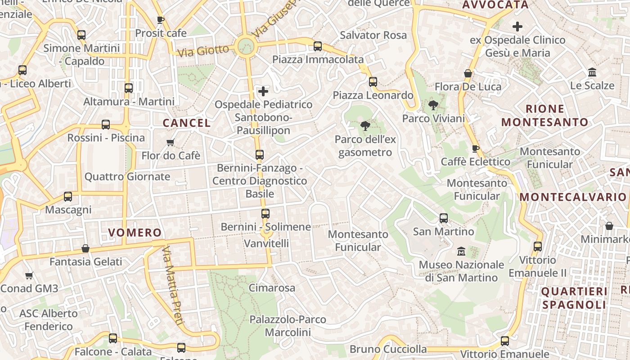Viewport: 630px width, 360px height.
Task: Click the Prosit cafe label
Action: click(161, 33)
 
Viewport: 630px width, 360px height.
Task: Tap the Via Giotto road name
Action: click(203, 50)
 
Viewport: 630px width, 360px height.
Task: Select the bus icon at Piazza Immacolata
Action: click(318, 46)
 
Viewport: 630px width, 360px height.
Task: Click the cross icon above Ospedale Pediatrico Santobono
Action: click(263, 92)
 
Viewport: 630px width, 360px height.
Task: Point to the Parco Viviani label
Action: click(433, 118)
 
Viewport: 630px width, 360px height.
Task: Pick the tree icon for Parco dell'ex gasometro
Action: click(365, 126)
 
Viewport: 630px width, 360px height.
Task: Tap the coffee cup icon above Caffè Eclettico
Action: click(476, 148)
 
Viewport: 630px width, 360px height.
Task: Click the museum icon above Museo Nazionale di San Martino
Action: click(461, 251)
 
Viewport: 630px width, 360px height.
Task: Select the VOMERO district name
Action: click(135, 233)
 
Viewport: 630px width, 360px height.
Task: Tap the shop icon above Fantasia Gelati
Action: click(85, 248)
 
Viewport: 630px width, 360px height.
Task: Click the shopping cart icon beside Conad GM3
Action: click(29, 275)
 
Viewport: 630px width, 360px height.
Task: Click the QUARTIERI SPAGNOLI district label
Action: click(574, 298)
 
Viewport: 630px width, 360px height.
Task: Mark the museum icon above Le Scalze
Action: click(592, 72)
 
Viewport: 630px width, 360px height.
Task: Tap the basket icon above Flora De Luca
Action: click(468, 73)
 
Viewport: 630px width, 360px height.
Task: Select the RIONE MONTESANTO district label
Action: click(544, 115)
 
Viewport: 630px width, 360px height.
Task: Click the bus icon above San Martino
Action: click(444, 218)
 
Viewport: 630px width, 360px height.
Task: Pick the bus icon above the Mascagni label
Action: click(68, 197)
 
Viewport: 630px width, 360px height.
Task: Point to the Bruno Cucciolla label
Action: click(388, 349)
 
